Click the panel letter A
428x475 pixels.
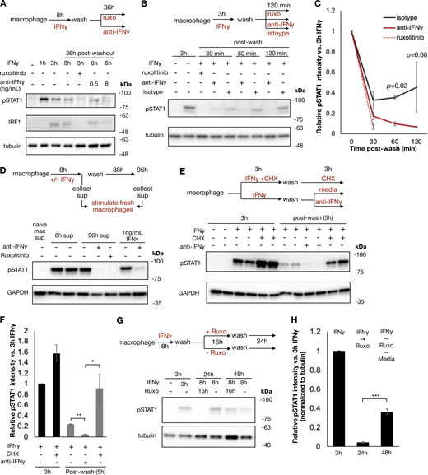pos(6,7)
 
